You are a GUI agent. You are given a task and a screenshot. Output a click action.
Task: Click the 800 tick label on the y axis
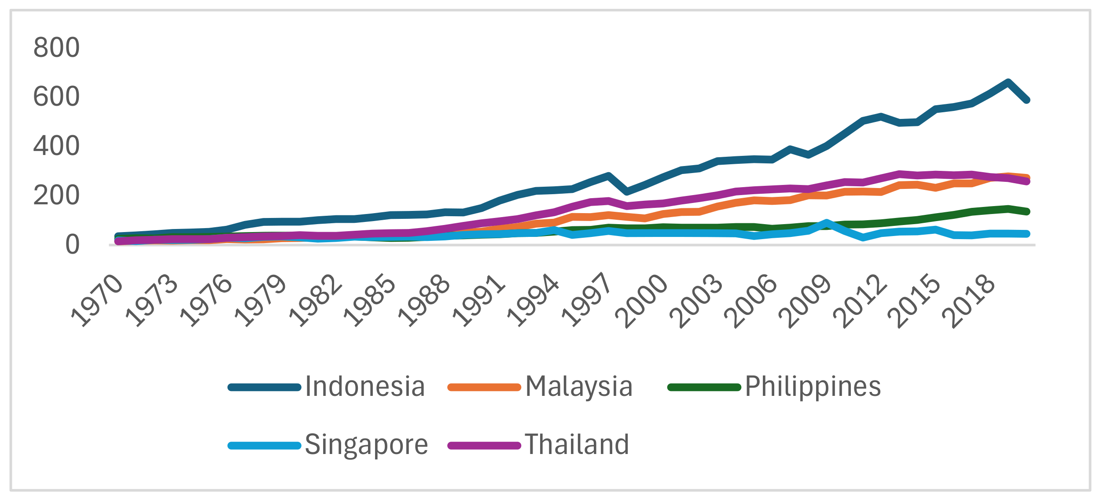coord(56,48)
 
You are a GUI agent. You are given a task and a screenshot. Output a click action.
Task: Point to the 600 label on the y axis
coord(56,97)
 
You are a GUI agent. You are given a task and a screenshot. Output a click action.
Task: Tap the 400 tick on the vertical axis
coord(56,146)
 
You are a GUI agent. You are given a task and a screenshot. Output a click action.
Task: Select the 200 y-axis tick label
coord(56,196)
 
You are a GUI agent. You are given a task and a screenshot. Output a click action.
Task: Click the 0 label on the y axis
coord(72,245)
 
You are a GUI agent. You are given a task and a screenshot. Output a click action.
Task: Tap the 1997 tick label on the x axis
coord(588,301)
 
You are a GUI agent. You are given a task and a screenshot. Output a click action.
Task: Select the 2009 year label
coord(806,301)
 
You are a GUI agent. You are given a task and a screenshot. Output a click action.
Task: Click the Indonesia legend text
coord(365,387)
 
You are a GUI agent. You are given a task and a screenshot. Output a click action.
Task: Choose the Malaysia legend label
coord(579,387)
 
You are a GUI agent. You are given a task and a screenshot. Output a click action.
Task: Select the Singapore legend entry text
coord(366,444)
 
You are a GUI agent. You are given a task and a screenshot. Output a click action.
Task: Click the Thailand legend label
coord(577,444)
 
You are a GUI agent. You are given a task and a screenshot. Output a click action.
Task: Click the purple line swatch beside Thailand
coord(484,446)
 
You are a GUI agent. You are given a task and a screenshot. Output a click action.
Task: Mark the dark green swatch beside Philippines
coord(704,388)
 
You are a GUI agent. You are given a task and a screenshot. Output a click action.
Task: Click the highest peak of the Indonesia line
coord(1008,82)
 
